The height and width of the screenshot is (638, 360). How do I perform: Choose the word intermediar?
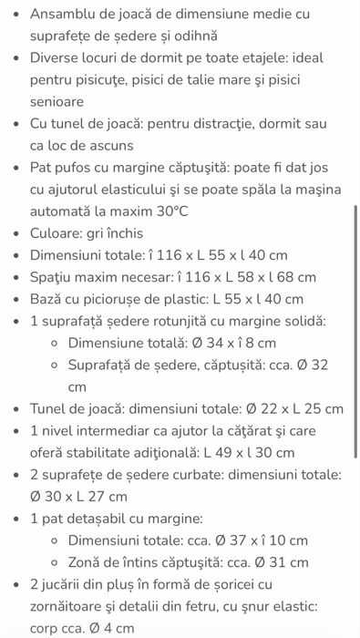coord(121,431)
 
